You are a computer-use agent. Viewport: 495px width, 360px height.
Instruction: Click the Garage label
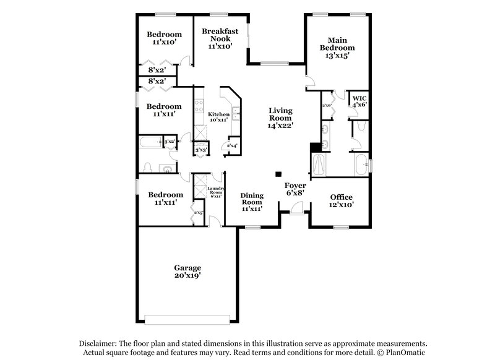(x=187, y=268)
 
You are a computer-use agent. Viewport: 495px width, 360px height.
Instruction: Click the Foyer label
(x=295, y=186)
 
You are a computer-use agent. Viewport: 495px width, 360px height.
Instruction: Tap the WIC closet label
(x=359, y=98)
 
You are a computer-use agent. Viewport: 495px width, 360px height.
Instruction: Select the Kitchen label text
(x=218, y=114)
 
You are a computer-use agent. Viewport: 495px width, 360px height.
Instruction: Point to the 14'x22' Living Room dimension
(x=280, y=125)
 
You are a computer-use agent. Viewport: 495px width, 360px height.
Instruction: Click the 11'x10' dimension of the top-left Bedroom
(x=164, y=43)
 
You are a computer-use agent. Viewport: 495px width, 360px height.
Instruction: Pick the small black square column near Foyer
(x=278, y=174)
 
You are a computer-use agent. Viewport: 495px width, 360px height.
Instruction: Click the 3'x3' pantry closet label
(x=200, y=150)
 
